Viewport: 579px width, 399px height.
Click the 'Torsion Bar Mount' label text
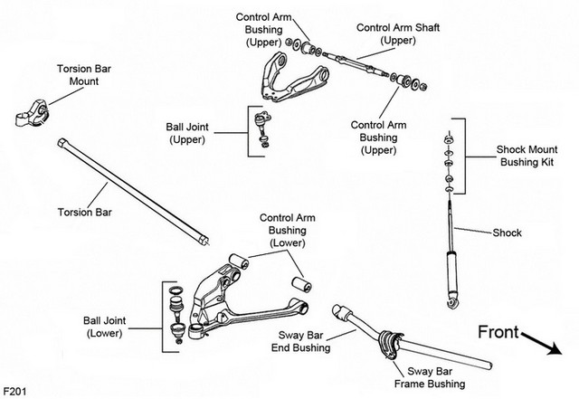[x=84, y=75]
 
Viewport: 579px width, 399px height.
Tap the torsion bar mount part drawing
[x=32, y=113]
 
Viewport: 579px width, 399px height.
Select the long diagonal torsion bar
[x=133, y=192]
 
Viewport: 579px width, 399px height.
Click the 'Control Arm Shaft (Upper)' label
[x=398, y=33]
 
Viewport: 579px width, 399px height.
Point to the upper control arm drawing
[x=294, y=79]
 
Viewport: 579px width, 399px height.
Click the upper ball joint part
[x=262, y=129]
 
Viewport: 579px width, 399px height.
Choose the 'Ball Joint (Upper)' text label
[x=187, y=133]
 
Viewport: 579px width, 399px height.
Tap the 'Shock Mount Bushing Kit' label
[x=527, y=156]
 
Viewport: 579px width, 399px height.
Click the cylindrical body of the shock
[x=452, y=272]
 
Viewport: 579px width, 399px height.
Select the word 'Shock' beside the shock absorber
[x=508, y=233]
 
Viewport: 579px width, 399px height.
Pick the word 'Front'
[x=498, y=332]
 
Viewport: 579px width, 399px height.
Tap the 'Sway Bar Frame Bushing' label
[x=430, y=377]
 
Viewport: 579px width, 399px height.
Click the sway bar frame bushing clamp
[x=391, y=345]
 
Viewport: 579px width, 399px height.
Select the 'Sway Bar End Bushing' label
[x=301, y=341]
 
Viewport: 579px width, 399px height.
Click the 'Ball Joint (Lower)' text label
[x=105, y=327]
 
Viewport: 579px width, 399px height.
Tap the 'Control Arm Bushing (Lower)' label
[x=288, y=230]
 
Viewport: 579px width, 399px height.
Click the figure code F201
[x=14, y=391]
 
